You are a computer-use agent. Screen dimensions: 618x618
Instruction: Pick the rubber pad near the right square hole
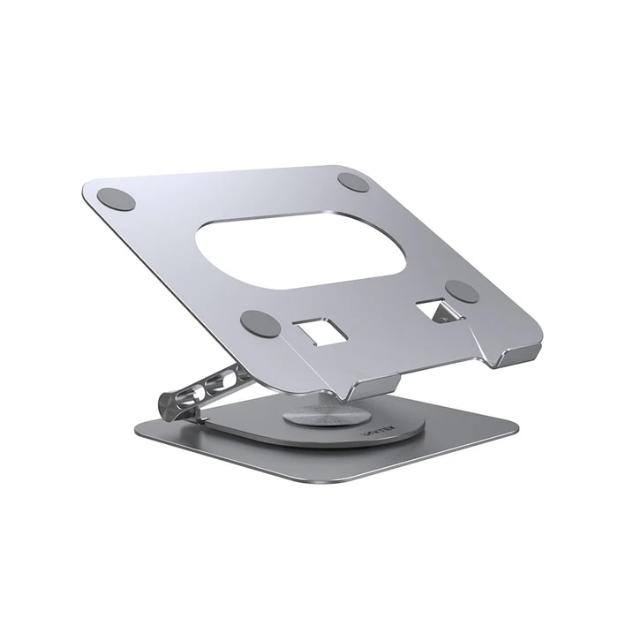462,291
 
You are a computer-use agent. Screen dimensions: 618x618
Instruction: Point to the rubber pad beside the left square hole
260,323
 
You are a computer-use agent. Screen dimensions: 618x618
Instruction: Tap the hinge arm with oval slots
212,385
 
